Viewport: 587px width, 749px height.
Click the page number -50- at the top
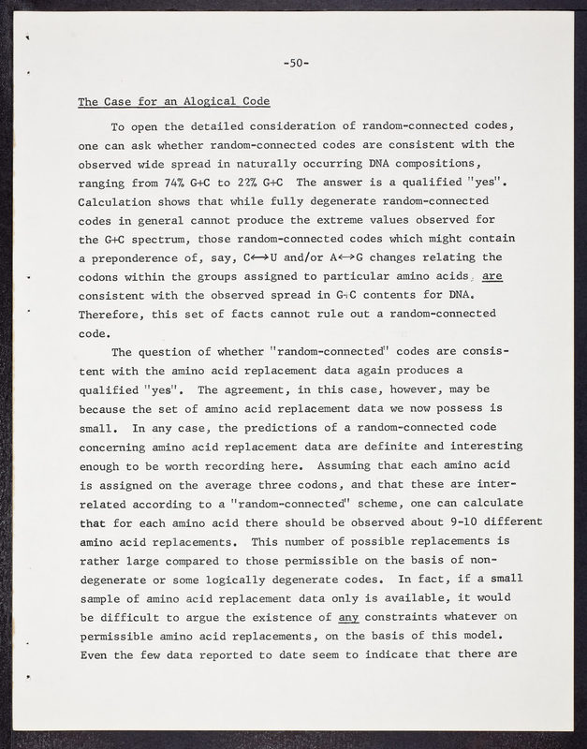(x=297, y=64)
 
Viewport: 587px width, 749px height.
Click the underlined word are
(x=492, y=277)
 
